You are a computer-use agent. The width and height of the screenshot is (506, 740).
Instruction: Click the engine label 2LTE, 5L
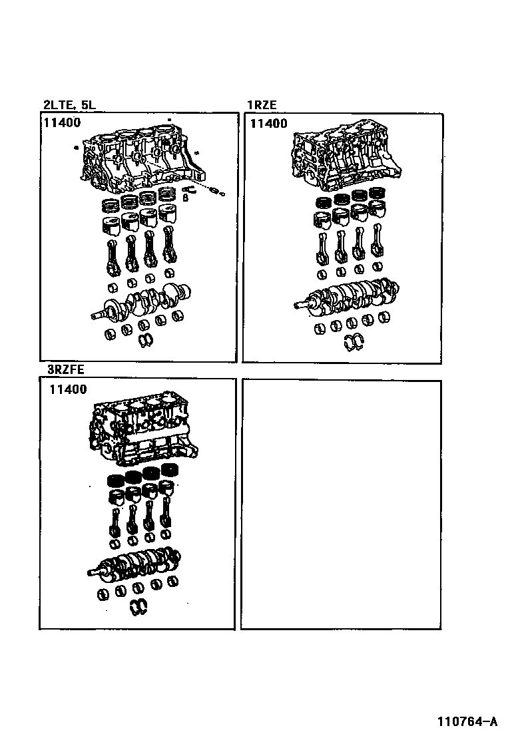coord(69,104)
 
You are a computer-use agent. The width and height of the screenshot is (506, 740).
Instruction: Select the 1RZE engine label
coord(262,104)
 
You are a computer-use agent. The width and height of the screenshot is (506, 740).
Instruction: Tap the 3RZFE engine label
coord(66,369)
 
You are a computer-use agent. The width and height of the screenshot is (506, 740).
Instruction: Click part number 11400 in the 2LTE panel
coord(63,122)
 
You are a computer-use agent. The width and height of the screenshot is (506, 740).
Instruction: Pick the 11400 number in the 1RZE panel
coord(268,124)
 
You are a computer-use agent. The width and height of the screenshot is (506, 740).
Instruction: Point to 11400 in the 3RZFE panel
coord(69,389)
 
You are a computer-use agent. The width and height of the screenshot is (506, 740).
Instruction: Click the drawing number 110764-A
coord(467,721)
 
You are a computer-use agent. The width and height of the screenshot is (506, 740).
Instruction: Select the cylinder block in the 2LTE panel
coord(143,159)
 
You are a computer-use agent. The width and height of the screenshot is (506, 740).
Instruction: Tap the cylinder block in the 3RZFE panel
coord(142,430)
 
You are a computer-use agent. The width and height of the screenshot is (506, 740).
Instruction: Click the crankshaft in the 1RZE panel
coord(347,295)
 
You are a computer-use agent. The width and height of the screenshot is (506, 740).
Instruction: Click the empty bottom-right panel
coord(342,504)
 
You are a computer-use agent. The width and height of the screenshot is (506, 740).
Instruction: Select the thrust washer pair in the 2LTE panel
coord(146,339)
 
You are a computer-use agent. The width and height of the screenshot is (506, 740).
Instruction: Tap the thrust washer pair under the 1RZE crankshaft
coord(354,342)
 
